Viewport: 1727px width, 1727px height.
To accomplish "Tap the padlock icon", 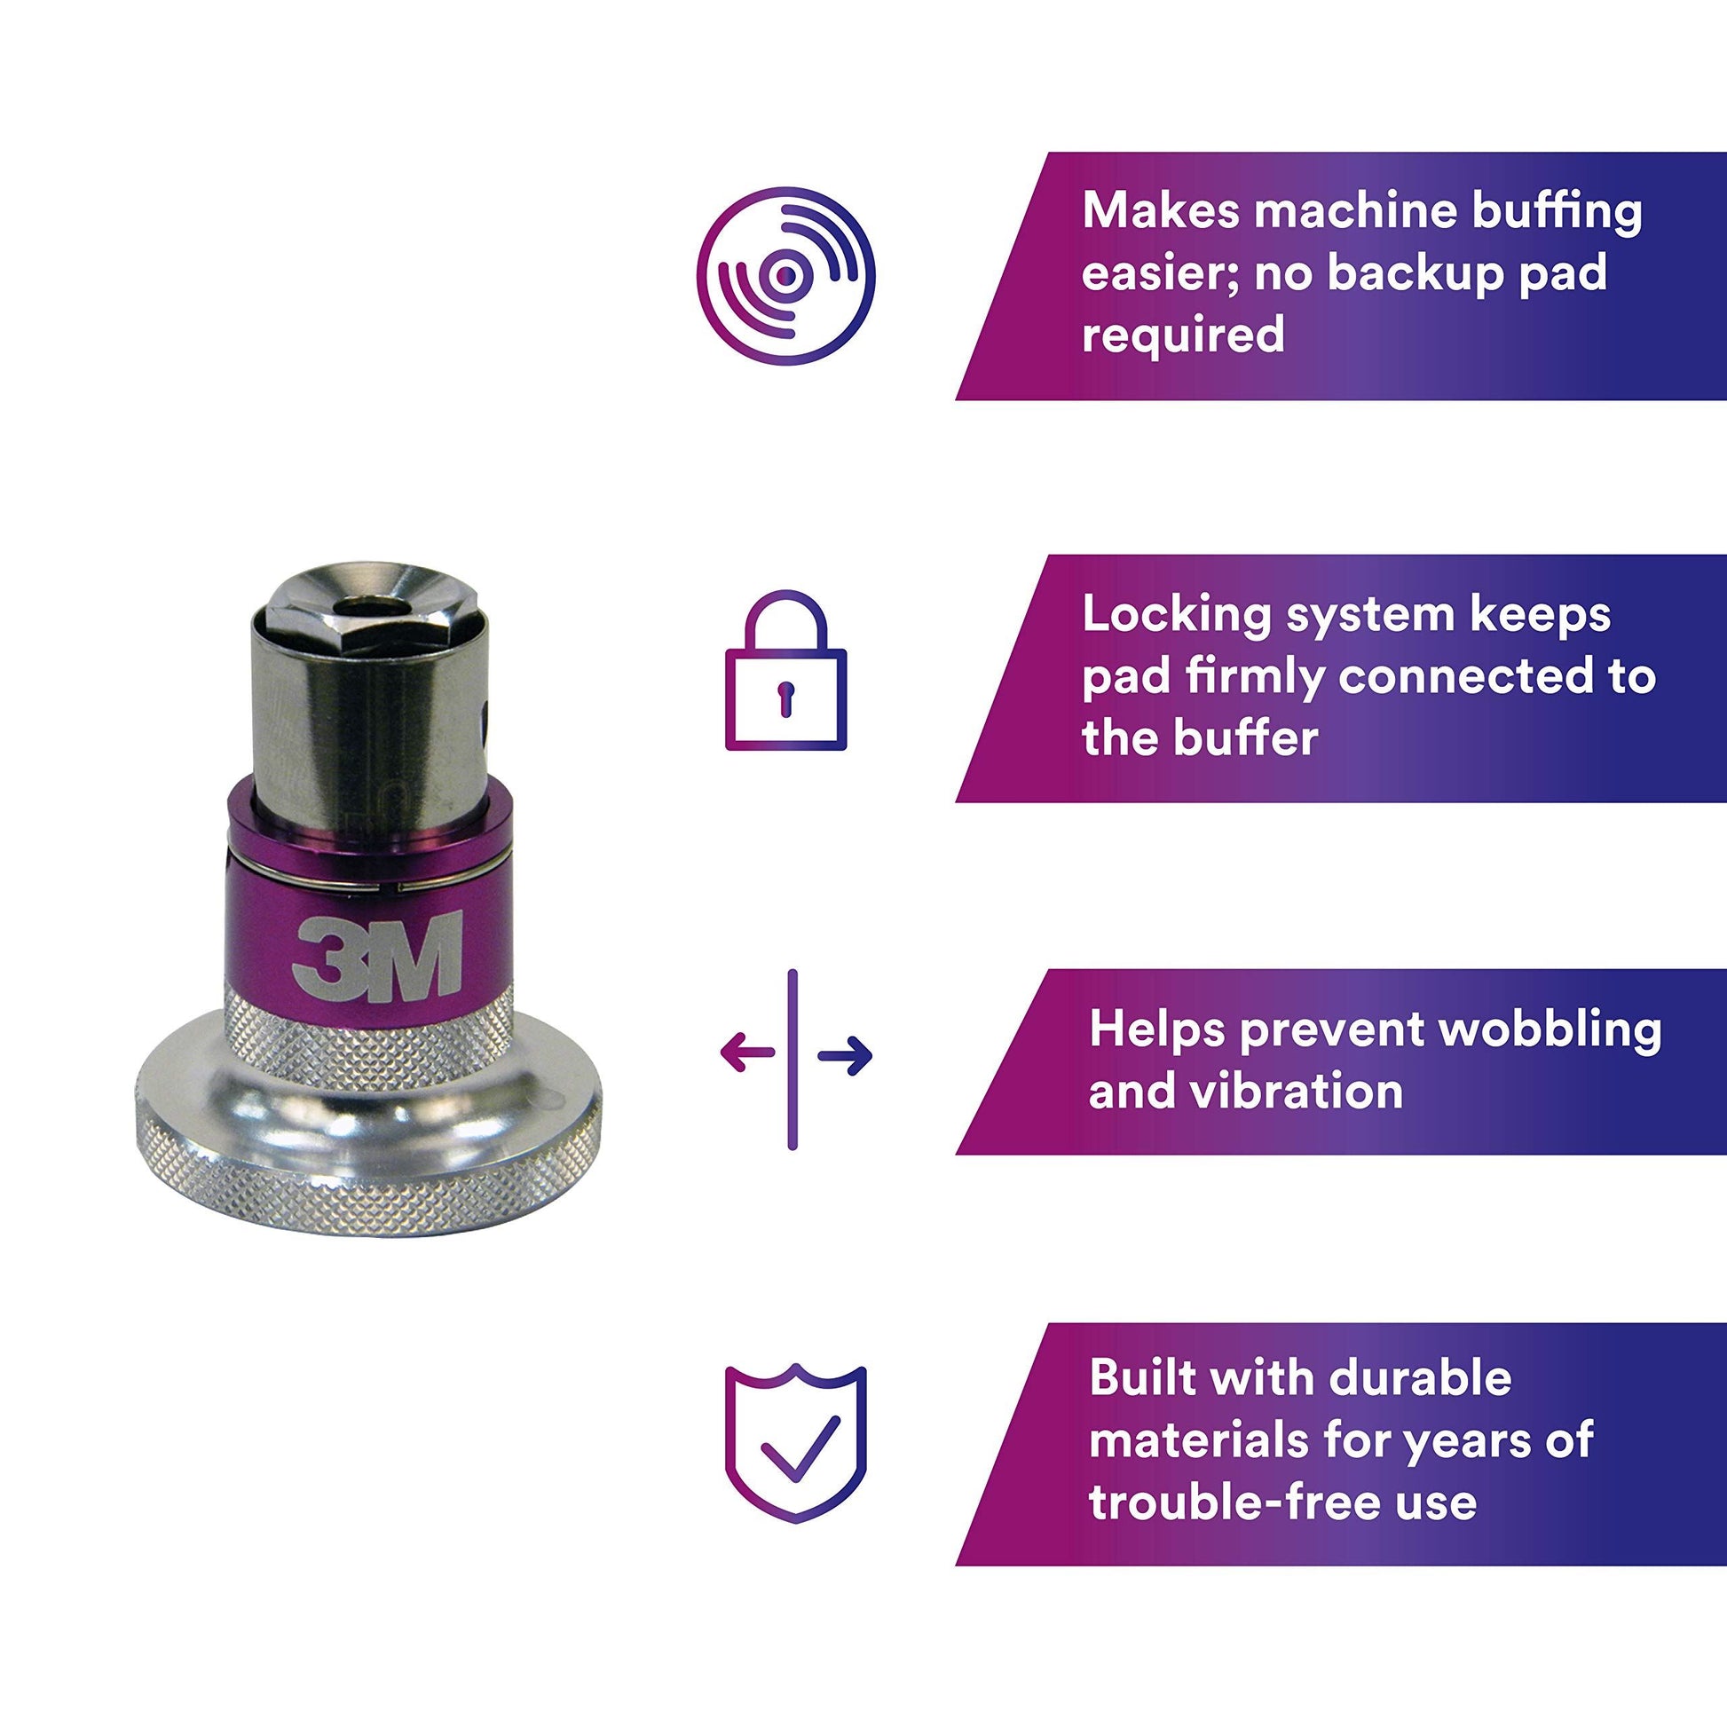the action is pyautogui.click(x=785, y=669).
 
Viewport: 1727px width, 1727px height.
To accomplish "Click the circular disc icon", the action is pyautogui.click(x=785, y=275).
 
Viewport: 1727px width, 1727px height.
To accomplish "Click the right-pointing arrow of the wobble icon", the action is pyautogui.click(x=845, y=1055).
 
